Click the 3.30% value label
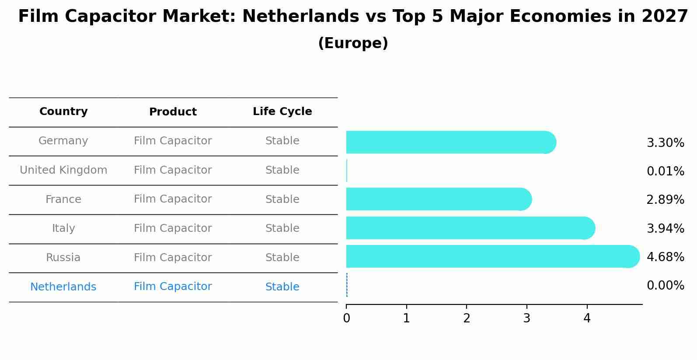pyautogui.click(x=665, y=143)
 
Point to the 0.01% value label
pyautogui.click(x=665, y=171)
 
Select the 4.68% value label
pyautogui.click(x=665, y=257)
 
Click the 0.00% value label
pyautogui.click(x=665, y=286)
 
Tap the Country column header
pyautogui.click(x=63, y=112)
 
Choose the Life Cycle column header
pyautogui.click(x=282, y=112)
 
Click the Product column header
pyautogui.click(x=173, y=112)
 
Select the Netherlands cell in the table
pyautogui.click(x=63, y=287)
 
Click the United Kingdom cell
pyautogui.click(x=63, y=170)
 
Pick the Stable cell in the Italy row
pyautogui.click(x=282, y=228)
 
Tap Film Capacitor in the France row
pyautogui.click(x=173, y=199)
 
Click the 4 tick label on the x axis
pyautogui.click(x=587, y=318)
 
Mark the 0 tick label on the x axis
pyautogui.click(x=346, y=318)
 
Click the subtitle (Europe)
pyautogui.click(x=353, y=43)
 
